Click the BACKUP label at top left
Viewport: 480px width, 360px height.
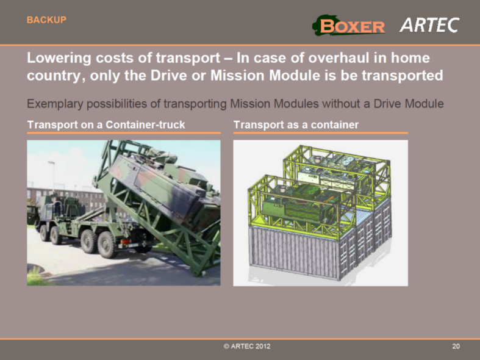point(46,20)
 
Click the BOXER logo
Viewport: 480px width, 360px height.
point(349,26)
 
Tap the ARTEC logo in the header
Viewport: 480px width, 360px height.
point(429,25)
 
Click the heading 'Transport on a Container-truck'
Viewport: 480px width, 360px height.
point(106,124)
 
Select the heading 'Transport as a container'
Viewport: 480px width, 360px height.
point(296,124)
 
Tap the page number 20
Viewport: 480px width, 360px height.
point(456,347)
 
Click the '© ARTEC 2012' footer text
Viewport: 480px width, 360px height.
point(246,347)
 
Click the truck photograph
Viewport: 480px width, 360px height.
point(123,212)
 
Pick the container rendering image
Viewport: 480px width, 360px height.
point(320,212)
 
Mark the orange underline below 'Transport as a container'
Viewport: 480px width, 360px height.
point(320,132)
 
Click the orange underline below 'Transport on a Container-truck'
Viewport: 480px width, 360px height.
point(123,132)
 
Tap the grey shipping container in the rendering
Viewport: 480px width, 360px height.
point(305,253)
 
